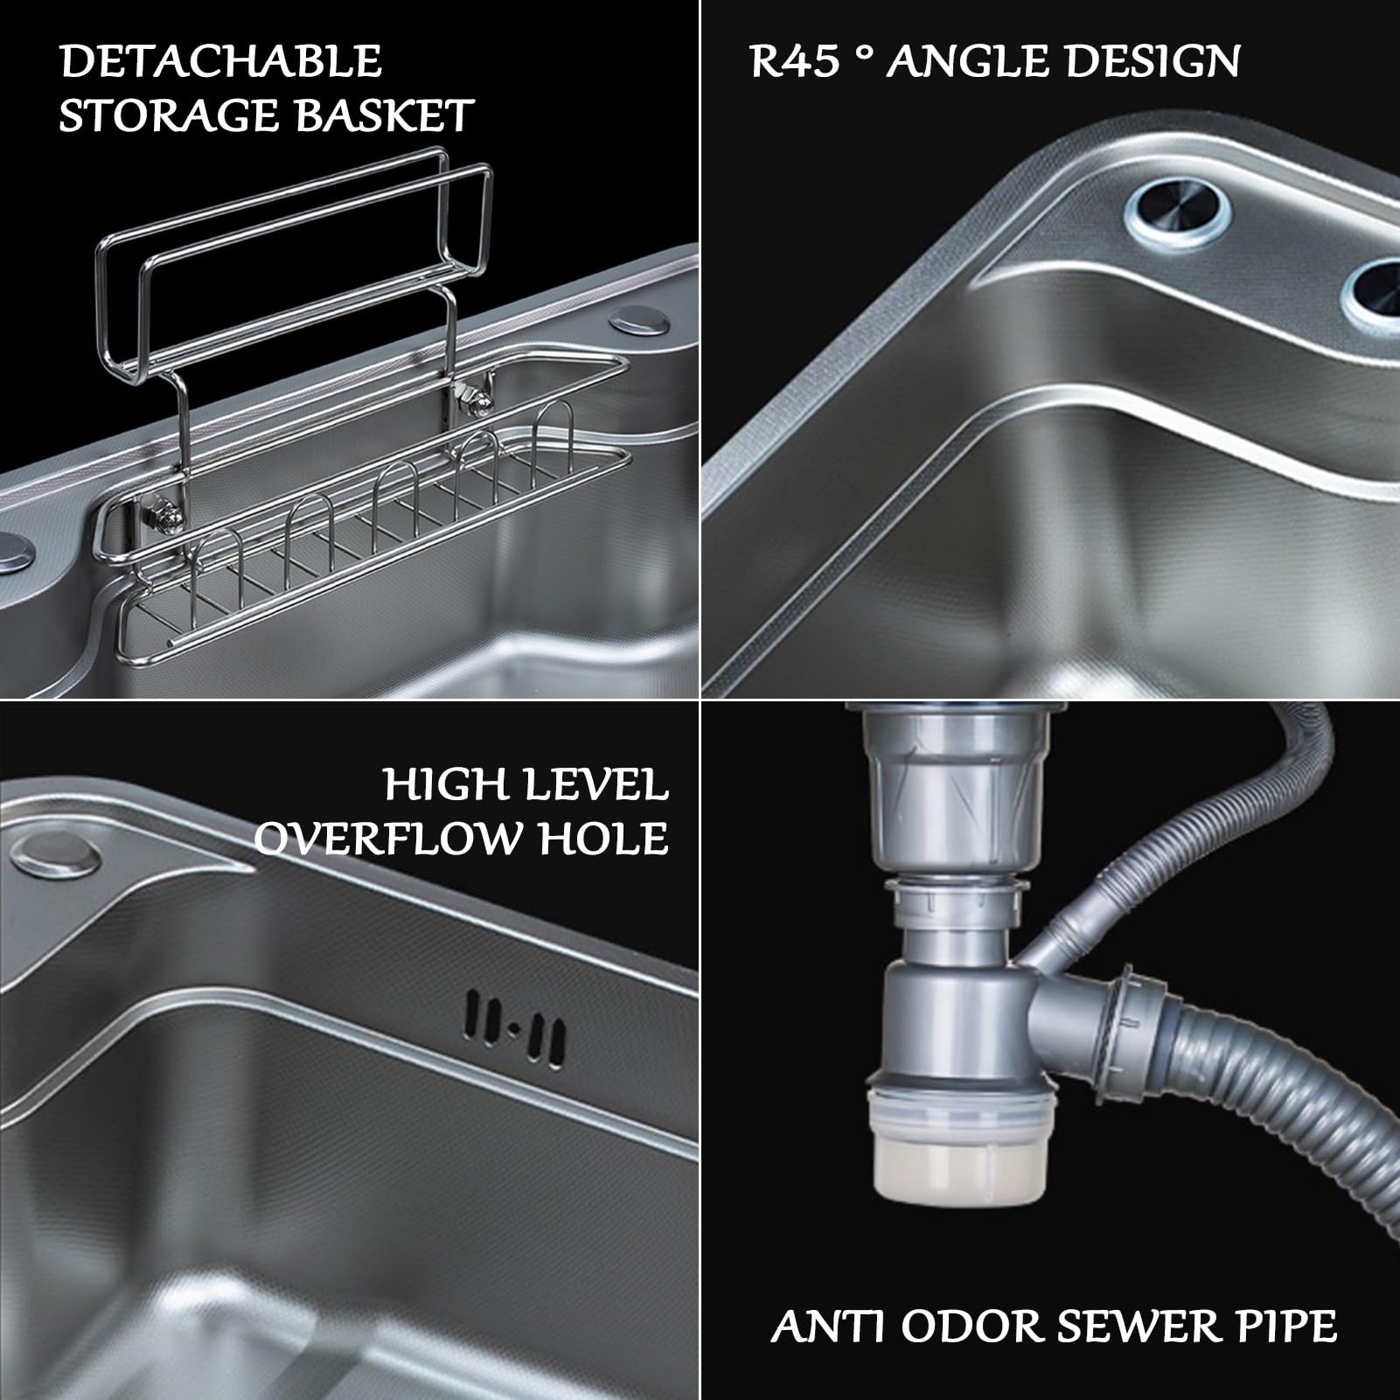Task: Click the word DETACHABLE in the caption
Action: (220, 61)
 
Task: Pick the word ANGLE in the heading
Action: (975, 62)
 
